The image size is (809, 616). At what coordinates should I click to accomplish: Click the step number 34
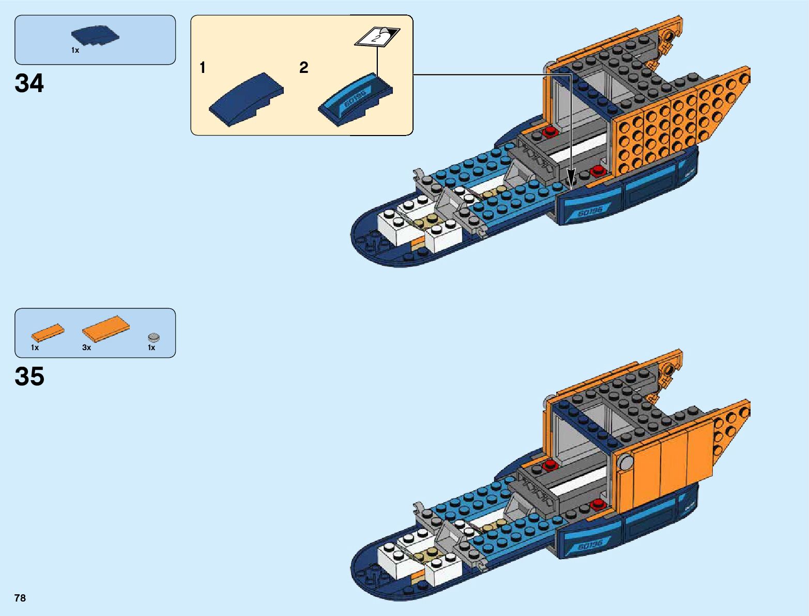(29, 83)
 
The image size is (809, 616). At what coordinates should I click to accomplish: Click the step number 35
(29, 377)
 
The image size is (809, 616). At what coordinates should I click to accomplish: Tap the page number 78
(20, 598)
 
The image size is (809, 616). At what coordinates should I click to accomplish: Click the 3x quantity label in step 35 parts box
(86, 348)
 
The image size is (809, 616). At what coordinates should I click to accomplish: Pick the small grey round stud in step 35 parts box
(154, 337)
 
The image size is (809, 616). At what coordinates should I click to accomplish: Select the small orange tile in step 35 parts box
(48, 333)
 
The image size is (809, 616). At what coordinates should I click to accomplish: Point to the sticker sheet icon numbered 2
(377, 37)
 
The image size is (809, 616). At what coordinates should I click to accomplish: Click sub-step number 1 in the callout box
(203, 68)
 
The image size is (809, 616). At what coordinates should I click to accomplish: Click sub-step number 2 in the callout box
(303, 68)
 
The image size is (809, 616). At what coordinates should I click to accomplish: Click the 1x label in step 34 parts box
(75, 51)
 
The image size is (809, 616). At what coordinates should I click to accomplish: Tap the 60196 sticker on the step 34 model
(590, 212)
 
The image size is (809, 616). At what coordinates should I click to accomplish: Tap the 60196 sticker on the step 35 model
(590, 545)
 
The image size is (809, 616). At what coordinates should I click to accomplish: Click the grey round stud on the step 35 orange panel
(627, 461)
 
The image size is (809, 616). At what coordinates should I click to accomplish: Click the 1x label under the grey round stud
(151, 348)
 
